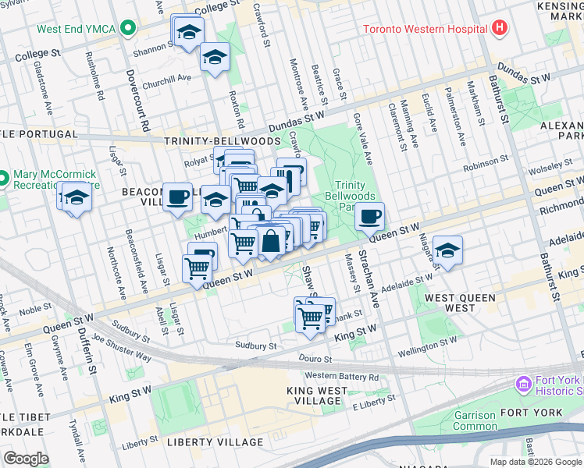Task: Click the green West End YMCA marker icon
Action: (126, 30)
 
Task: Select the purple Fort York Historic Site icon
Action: (522, 385)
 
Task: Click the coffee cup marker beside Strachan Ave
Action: (369, 216)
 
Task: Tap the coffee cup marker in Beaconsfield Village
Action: (178, 196)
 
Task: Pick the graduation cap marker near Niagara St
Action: (447, 250)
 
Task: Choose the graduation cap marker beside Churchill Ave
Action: (215, 56)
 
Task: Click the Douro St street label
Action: (315, 359)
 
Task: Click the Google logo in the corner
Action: (27, 459)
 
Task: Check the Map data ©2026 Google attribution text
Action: (535, 462)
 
